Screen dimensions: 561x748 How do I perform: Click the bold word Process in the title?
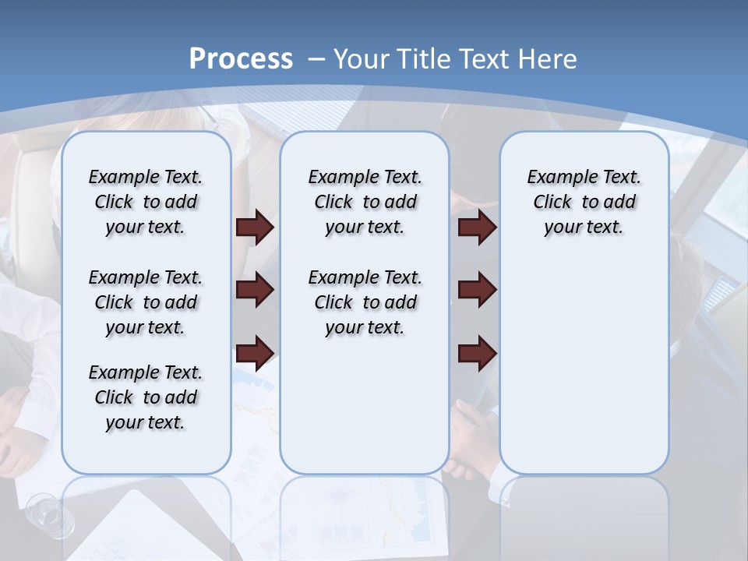(x=241, y=59)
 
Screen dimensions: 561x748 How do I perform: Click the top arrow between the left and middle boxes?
(x=255, y=228)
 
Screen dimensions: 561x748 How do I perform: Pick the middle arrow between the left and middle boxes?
(x=255, y=290)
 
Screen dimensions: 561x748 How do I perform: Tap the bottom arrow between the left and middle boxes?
(x=255, y=352)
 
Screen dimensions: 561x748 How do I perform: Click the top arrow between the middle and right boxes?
(x=477, y=228)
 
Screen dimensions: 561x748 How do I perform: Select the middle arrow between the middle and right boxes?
(x=477, y=290)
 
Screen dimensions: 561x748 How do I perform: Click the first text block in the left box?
(x=146, y=202)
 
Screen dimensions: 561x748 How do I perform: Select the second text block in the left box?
(x=146, y=302)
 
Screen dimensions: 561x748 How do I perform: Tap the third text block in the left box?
(x=146, y=397)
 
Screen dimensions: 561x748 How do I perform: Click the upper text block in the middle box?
(x=365, y=202)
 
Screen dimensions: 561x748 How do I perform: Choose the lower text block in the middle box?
(x=365, y=302)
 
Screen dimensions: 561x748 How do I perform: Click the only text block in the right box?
(x=584, y=202)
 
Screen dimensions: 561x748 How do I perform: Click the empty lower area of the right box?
(x=584, y=374)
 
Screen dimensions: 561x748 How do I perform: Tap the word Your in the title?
(x=362, y=59)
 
